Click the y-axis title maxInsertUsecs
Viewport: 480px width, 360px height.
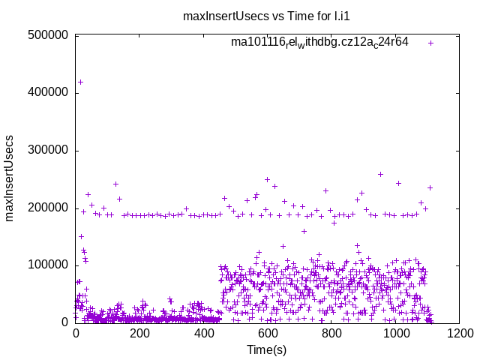[10, 178]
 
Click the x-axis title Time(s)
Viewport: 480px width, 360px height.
[267, 350]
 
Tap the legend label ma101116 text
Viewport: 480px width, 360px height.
[319, 43]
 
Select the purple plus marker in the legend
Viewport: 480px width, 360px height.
[430, 43]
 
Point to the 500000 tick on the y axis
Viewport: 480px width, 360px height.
[48, 35]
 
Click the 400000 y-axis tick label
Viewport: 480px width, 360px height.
[48, 93]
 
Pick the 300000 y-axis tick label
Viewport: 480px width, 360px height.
[48, 150]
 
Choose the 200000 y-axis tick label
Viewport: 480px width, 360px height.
[48, 208]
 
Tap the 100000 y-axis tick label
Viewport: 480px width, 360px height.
[48, 265]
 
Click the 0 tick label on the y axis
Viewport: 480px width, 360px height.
[66, 322]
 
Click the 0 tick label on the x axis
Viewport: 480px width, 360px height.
[75, 334]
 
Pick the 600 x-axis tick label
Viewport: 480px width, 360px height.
[267, 334]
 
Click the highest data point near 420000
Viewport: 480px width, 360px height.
[80, 82]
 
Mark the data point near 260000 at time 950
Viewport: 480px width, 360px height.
[380, 174]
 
